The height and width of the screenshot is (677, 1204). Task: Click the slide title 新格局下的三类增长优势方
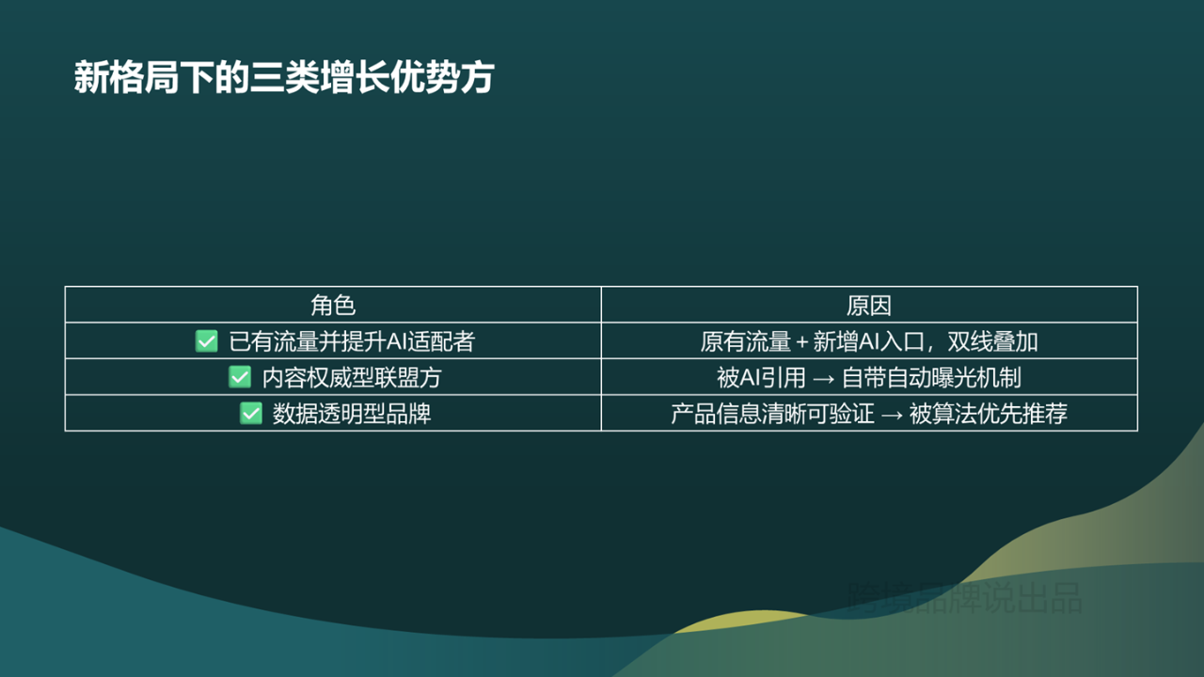[x=283, y=78]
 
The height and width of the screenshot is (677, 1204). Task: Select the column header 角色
[x=333, y=305]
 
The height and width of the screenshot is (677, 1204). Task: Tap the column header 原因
[x=868, y=305]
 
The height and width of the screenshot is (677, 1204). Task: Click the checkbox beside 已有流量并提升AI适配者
[x=206, y=341]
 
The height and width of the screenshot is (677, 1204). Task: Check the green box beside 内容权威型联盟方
[x=240, y=377]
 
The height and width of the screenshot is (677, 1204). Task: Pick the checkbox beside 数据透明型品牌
[x=250, y=414]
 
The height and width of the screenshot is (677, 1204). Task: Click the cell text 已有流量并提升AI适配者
[x=352, y=341]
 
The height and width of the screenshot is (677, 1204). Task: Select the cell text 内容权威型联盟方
[x=352, y=378]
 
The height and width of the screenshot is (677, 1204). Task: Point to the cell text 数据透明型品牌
[x=352, y=414]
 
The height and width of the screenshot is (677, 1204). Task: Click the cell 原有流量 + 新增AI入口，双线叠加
[x=868, y=341]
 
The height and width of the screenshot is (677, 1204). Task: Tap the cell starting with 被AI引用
[x=868, y=378]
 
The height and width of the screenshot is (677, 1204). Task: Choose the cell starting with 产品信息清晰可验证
[x=868, y=414]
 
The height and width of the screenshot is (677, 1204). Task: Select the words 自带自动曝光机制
[x=931, y=378]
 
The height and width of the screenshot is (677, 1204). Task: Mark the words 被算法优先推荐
[x=988, y=414]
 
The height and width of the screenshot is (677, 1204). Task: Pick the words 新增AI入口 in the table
[x=866, y=341]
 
